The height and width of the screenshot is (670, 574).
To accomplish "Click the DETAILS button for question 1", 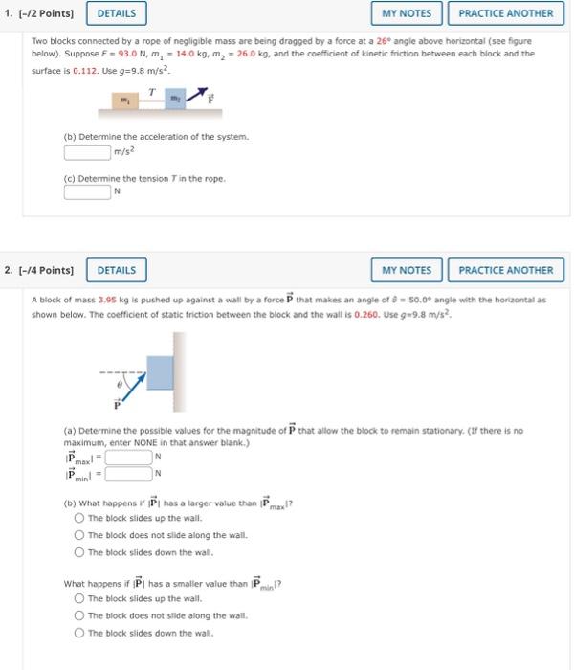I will click(116, 13).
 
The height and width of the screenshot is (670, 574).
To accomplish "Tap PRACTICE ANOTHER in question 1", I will click(505, 13).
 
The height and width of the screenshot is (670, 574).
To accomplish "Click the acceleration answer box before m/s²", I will click(87, 151).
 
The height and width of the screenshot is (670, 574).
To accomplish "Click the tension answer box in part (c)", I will click(87, 191).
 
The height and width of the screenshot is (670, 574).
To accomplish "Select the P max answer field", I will click(127, 457).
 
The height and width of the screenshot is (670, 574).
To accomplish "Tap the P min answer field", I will click(127, 472).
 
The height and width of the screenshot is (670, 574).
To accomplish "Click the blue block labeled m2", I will click(176, 99).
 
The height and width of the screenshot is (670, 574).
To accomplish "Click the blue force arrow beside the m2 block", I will click(197, 94).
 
